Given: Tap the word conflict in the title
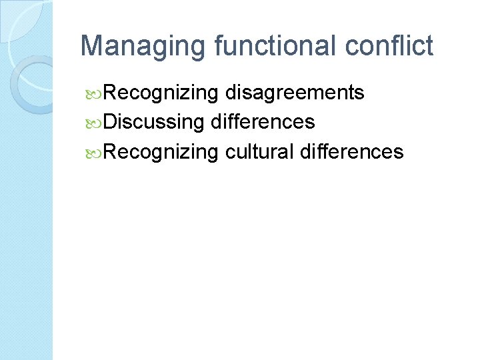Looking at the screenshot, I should pos(389,47).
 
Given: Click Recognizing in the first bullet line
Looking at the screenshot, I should pos(161,93).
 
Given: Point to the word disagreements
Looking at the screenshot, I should pos(294,93).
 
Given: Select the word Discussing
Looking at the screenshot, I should pos(153,122).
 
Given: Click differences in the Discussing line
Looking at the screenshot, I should pos(263,122).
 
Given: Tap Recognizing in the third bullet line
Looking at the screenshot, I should pos(161,151).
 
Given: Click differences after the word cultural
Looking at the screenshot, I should pos(352,151).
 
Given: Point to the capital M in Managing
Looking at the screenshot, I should pos(91,47).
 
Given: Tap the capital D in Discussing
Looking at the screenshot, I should pos(110,122).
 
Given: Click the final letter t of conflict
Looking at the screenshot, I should pos(429,47).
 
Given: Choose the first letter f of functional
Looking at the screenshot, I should pos(219,47).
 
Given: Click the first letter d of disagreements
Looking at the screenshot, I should pos(229,93).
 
